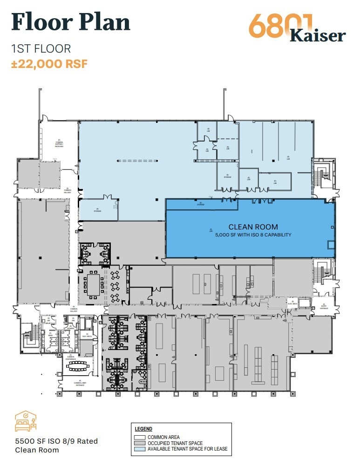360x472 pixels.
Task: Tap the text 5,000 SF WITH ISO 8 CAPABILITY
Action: [x=253, y=235]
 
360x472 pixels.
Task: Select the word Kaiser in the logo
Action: [x=318, y=35]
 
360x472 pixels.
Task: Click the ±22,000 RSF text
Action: [x=49, y=63]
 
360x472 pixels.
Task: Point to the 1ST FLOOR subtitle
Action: [x=41, y=48]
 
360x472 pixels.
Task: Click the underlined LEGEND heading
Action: [x=143, y=429]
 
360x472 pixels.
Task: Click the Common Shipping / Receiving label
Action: [x=59, y=143]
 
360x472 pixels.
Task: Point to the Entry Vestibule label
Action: [x=324, y=306]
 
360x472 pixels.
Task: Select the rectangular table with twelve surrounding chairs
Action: [x=94, y=282]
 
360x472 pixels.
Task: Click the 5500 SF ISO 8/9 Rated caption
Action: [x=56, y=441]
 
